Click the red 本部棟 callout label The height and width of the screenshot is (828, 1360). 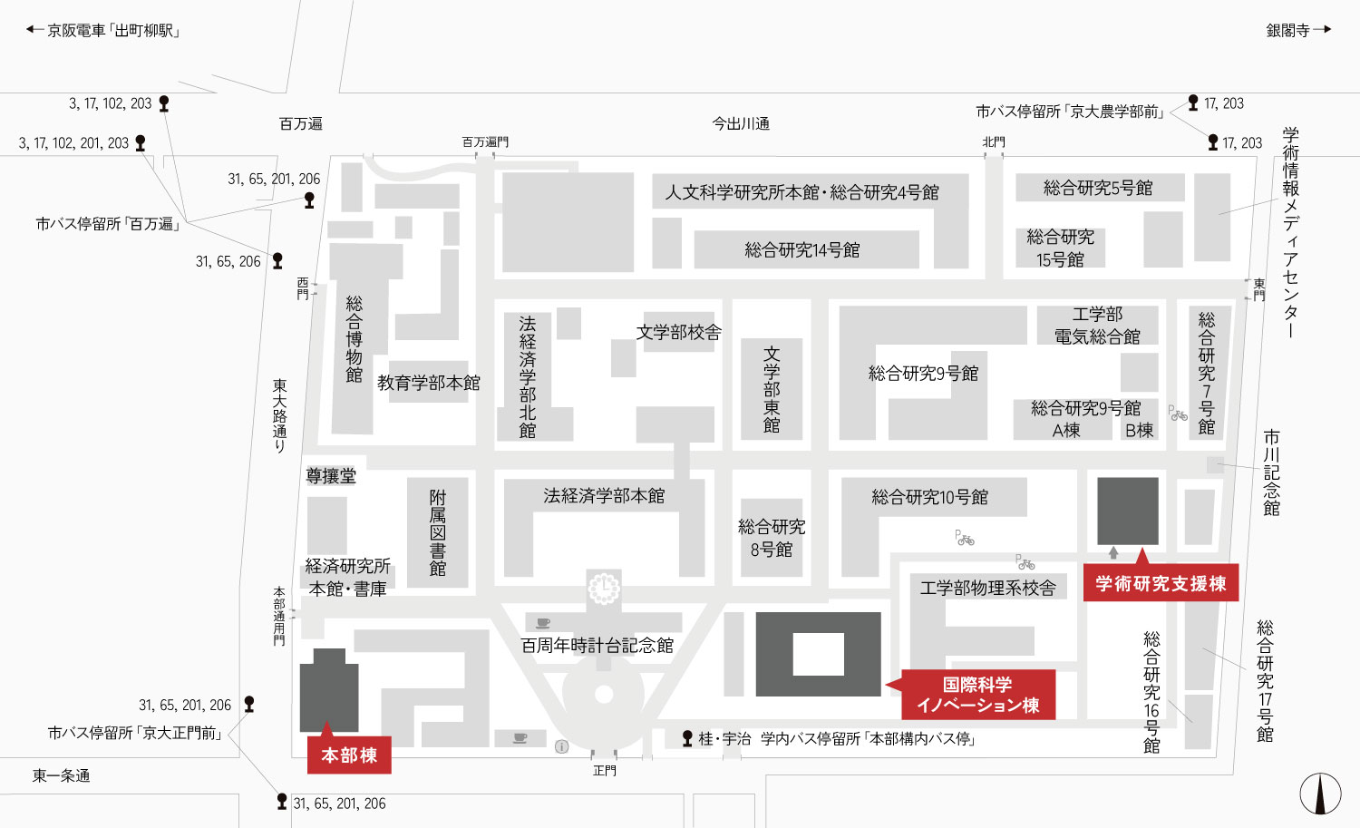349,755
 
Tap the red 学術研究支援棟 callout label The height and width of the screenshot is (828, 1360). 1161,583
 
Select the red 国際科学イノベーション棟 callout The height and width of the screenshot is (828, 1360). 978,695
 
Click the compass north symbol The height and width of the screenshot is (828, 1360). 1320,794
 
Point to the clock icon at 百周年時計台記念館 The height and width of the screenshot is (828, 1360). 604,588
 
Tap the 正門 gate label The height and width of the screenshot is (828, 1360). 604,770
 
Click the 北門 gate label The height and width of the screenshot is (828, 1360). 994,141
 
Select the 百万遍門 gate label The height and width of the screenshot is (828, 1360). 485,141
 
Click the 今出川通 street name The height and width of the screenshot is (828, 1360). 741,124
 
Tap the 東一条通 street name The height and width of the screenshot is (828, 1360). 61,775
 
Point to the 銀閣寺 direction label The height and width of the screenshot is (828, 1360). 1287,30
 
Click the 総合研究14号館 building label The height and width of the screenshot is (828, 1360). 802,249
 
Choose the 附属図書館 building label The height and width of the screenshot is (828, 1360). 438,532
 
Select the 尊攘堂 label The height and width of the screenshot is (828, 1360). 331,475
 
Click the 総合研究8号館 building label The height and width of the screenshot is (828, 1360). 772,538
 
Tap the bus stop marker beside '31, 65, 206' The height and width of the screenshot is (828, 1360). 277,260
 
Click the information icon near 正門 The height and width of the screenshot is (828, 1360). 561,746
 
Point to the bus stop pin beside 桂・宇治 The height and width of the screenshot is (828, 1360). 687,738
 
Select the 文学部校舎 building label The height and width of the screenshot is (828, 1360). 679,332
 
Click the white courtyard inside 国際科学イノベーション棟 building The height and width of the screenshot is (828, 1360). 819,654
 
